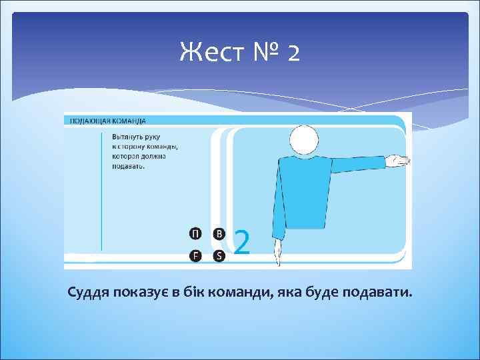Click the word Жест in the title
pyautogui.click(x=209, y=52)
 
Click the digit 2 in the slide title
pyautogui.click(x=293, y=53)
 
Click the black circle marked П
pyautogui.click(x=194, y=233)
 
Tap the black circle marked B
pyautogui.click(x=219, y=233)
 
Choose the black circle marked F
pyautogui.click(x=194, y=255)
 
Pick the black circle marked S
pyautogui.click(x=219, y=255)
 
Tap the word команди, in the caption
pyautogui.click(x=245, y=293)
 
